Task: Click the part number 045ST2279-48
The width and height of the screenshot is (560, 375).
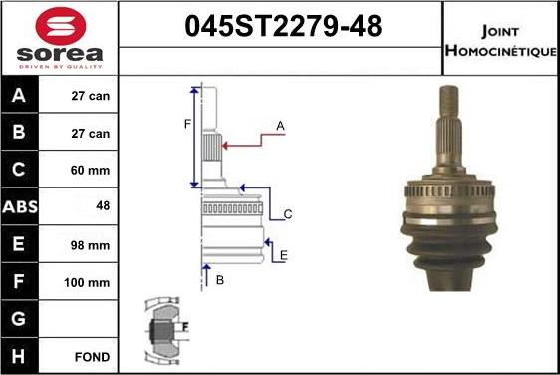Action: pyautogui.click(x=282, y=26)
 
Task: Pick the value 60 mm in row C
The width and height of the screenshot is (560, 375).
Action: pyautogui.click(x=91, y=170)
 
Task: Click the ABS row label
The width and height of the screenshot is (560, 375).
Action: pyautogui.click(x=20, y=206)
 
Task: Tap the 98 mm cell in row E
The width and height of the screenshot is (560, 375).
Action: pyautogui.click(x=91, y=244)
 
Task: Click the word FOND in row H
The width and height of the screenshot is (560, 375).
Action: pyautogui.click(x=91, y=356)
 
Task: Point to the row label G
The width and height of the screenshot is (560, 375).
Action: pyautogui.click(x=20, y=319)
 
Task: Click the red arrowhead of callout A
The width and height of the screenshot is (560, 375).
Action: pyautogui.click(x=225, y=146)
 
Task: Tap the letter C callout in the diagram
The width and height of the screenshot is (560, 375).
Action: pyautogui.click(x=287, y=214)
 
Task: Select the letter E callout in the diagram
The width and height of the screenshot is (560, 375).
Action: pyautogui.click(x=283, y=256)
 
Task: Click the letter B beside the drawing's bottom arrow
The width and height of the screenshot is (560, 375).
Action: pyautogui.click(x=219, y=280)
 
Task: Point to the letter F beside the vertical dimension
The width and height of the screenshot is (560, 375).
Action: pyautogui.click(x=186, y=124)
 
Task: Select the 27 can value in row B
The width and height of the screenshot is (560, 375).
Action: pyautogui.click(x=91, y=133)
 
